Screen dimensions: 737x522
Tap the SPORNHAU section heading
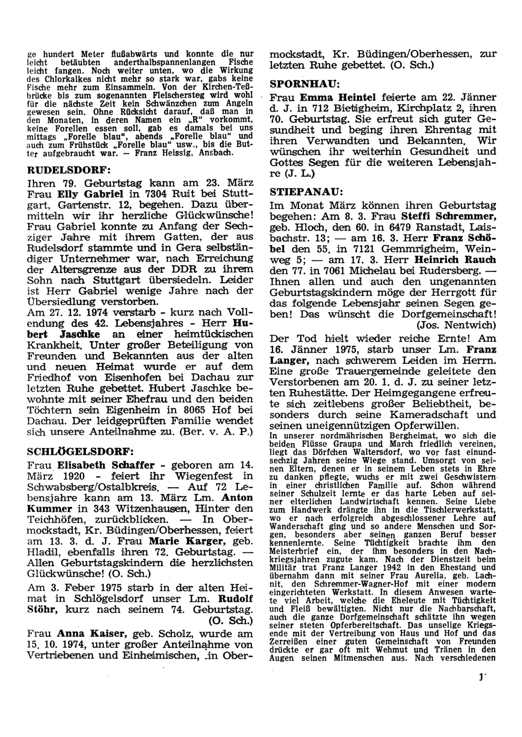[305, 83]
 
